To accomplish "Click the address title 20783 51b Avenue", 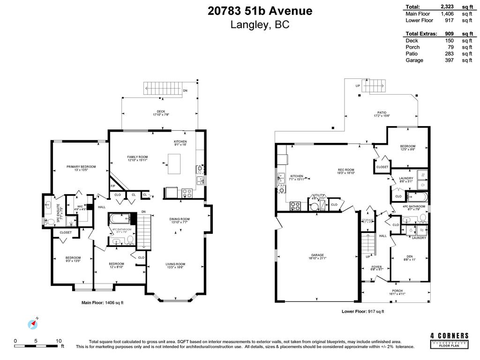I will [260, 10].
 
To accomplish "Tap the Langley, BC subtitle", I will [260, 25].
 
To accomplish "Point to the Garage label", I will [317, 255].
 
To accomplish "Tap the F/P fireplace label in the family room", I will [113, 186].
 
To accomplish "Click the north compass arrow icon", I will [33, 323].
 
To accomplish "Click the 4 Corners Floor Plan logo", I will [449, 340].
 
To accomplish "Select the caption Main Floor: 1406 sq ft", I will [103, 302].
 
